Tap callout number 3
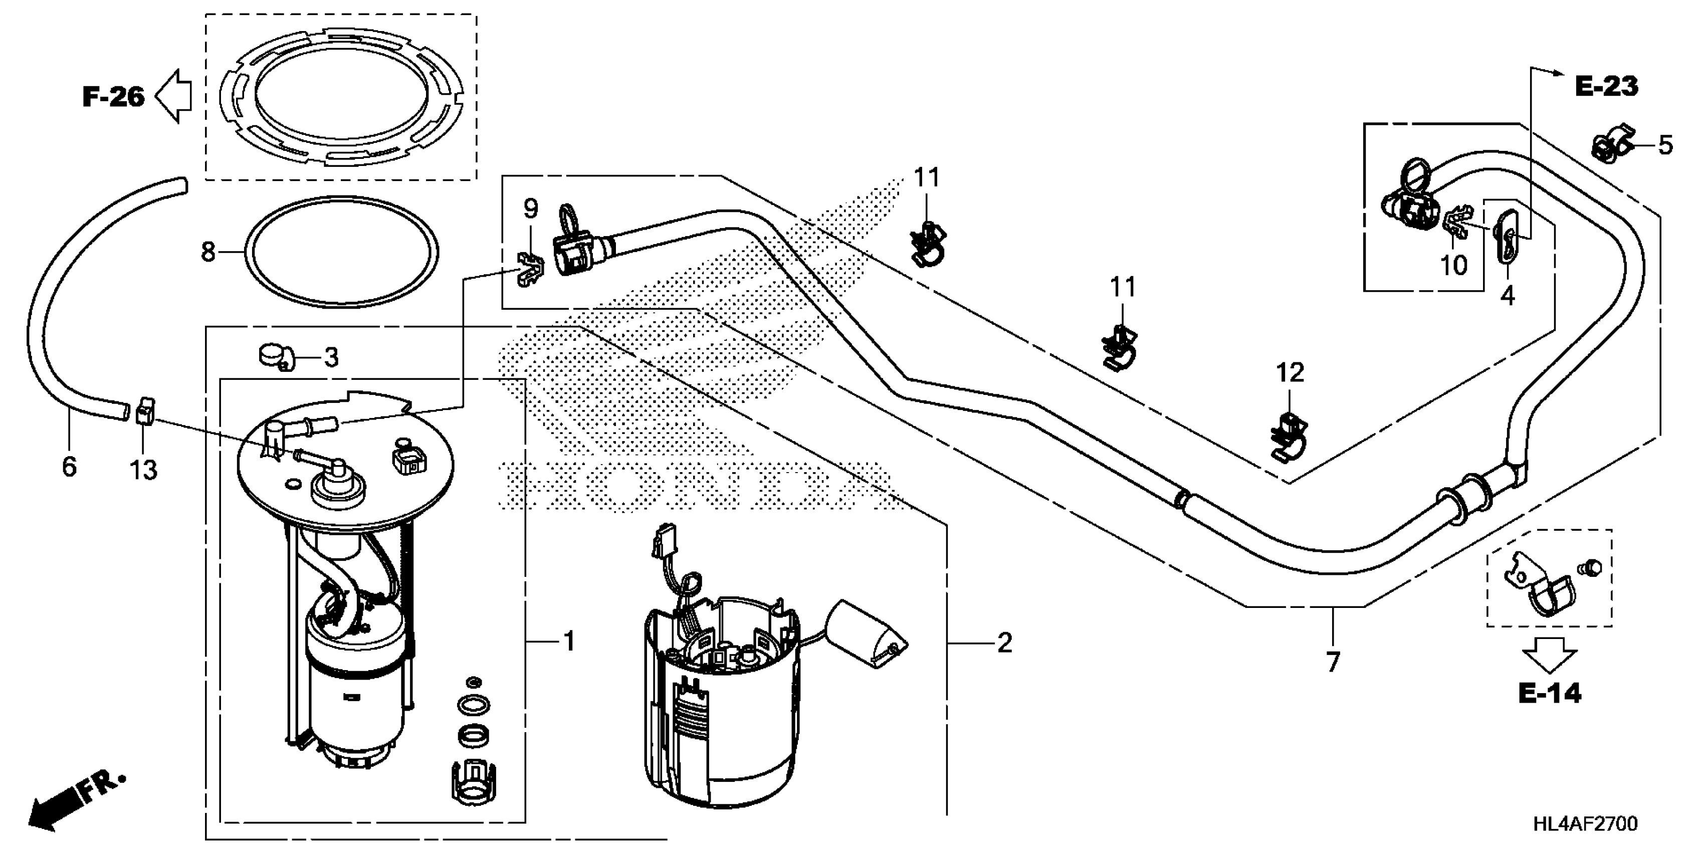pos(331,357)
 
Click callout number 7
pos(1333,662)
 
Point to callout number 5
pos(1665,145)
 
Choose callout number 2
pos(1004,643)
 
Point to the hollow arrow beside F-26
pos(173,97)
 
